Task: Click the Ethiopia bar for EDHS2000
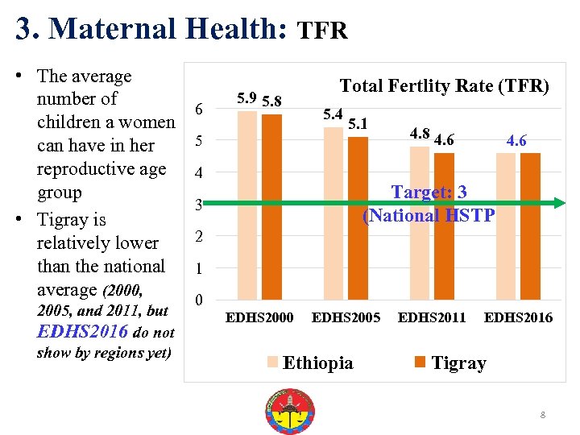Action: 247,205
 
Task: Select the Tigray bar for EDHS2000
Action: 271,207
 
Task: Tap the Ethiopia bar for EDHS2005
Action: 333,213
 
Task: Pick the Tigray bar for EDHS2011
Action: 444,226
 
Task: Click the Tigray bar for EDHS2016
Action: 530,226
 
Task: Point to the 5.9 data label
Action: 247,99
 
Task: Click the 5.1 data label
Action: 358,123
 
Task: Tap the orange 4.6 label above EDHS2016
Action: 516,141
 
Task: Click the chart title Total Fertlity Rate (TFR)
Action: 444,85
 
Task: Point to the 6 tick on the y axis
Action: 200,110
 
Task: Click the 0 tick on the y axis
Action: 200,300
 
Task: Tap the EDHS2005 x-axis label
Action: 346,317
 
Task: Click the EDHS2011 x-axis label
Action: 432,317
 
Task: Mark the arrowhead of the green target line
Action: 561,205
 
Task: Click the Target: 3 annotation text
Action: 429,192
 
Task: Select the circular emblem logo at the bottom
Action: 289,411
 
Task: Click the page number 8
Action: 543,415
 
